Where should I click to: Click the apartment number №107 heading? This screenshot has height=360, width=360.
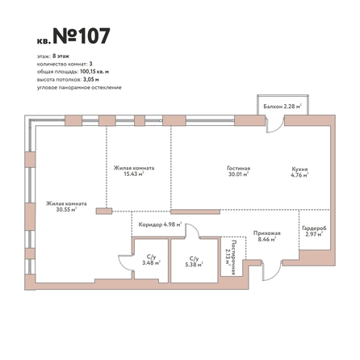[82, 36]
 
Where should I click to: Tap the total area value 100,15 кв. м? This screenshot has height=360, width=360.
[94, 72]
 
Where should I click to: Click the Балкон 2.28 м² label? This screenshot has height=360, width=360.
[283, 107]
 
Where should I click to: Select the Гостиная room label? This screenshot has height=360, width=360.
[238, 168]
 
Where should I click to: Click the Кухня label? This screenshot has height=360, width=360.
[299, 170]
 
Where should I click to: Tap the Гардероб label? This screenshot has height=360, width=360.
[314, 228]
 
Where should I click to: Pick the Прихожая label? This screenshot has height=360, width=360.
[267, 233]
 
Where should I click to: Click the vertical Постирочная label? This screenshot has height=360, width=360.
[233, 257]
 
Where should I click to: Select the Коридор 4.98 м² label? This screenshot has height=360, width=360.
[160, 224]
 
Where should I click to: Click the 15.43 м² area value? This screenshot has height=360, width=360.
[134, 174]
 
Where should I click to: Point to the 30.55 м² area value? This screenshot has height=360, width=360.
[66, 210]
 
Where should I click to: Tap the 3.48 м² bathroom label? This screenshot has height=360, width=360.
[152, 263]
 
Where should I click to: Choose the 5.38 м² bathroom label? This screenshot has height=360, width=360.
[194, 265]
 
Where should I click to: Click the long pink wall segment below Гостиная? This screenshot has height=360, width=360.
[195, 212]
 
